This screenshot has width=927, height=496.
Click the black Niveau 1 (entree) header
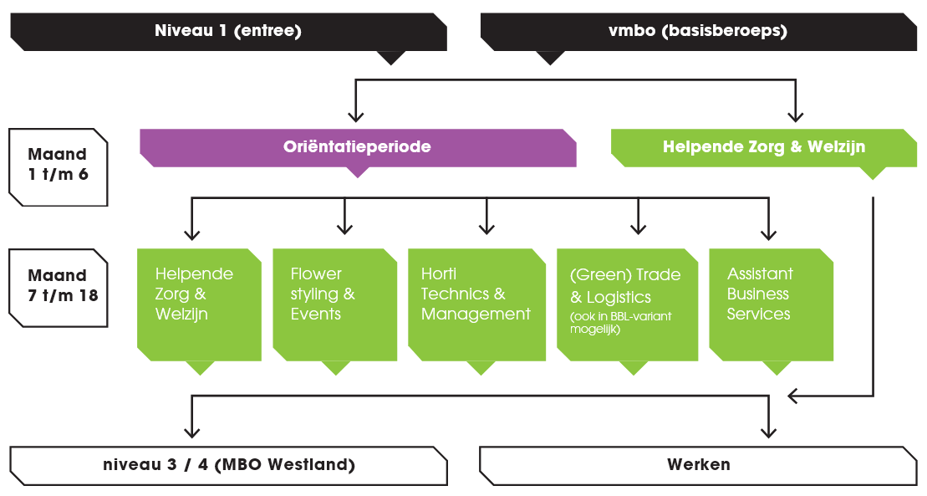[x=227, y=32]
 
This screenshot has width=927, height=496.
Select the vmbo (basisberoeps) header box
[x=698, y=32]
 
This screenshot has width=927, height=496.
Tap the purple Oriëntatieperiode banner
[x=357, y=147]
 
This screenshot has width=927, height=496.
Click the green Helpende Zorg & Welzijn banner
[x=763, y=147]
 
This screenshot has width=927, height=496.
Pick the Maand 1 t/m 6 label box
[x=58, y=166]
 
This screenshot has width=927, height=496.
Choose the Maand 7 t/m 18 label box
[x=58, y=286]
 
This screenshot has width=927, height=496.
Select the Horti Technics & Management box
[x=476, y=304]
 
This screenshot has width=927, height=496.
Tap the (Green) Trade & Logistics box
[x=627, y=304]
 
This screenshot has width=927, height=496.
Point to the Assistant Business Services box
[x=771, y=304]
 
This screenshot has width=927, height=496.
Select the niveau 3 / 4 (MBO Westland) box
[x=227, y=465]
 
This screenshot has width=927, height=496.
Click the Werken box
[x=698, y=465]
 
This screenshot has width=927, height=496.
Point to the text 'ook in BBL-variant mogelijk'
[x=620, y=323]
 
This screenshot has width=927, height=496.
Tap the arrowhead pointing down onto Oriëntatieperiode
[x=357, y=116]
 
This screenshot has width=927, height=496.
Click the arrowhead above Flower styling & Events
[x=344, y=228]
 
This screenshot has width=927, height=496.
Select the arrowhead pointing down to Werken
[x=767, y=430]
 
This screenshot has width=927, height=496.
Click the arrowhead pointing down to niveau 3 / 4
[x=192, y=430]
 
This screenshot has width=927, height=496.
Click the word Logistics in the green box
[x=620, y=297]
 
